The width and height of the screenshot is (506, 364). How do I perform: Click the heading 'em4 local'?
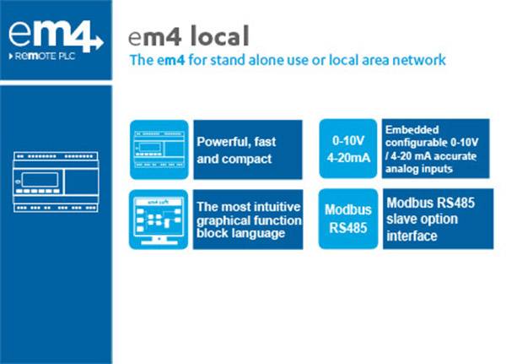tap(189, 36)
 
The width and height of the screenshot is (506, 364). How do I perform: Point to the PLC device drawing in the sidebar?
tap(56, 184)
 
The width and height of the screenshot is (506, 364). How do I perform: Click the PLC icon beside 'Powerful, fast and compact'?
tap(159, 149)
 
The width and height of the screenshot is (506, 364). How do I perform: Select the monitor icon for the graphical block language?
tap(159, 219)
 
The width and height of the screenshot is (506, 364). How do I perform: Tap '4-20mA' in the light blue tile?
tap(347, 157)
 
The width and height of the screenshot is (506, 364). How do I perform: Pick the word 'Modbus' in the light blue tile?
tap(347, 209)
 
